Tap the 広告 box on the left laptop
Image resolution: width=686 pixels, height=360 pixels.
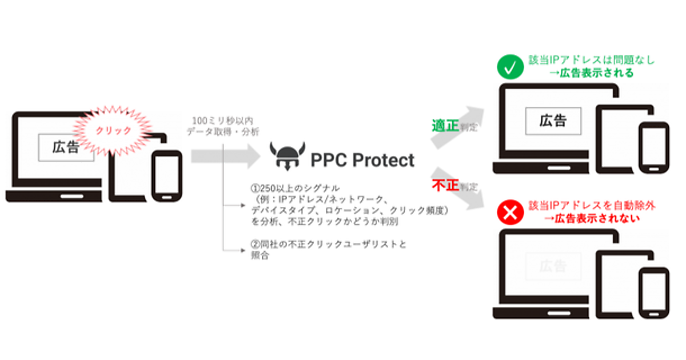click(66, 147)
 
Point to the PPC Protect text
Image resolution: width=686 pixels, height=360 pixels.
click(362, 160)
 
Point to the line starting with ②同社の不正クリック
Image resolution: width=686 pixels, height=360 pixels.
click(329, 245)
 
